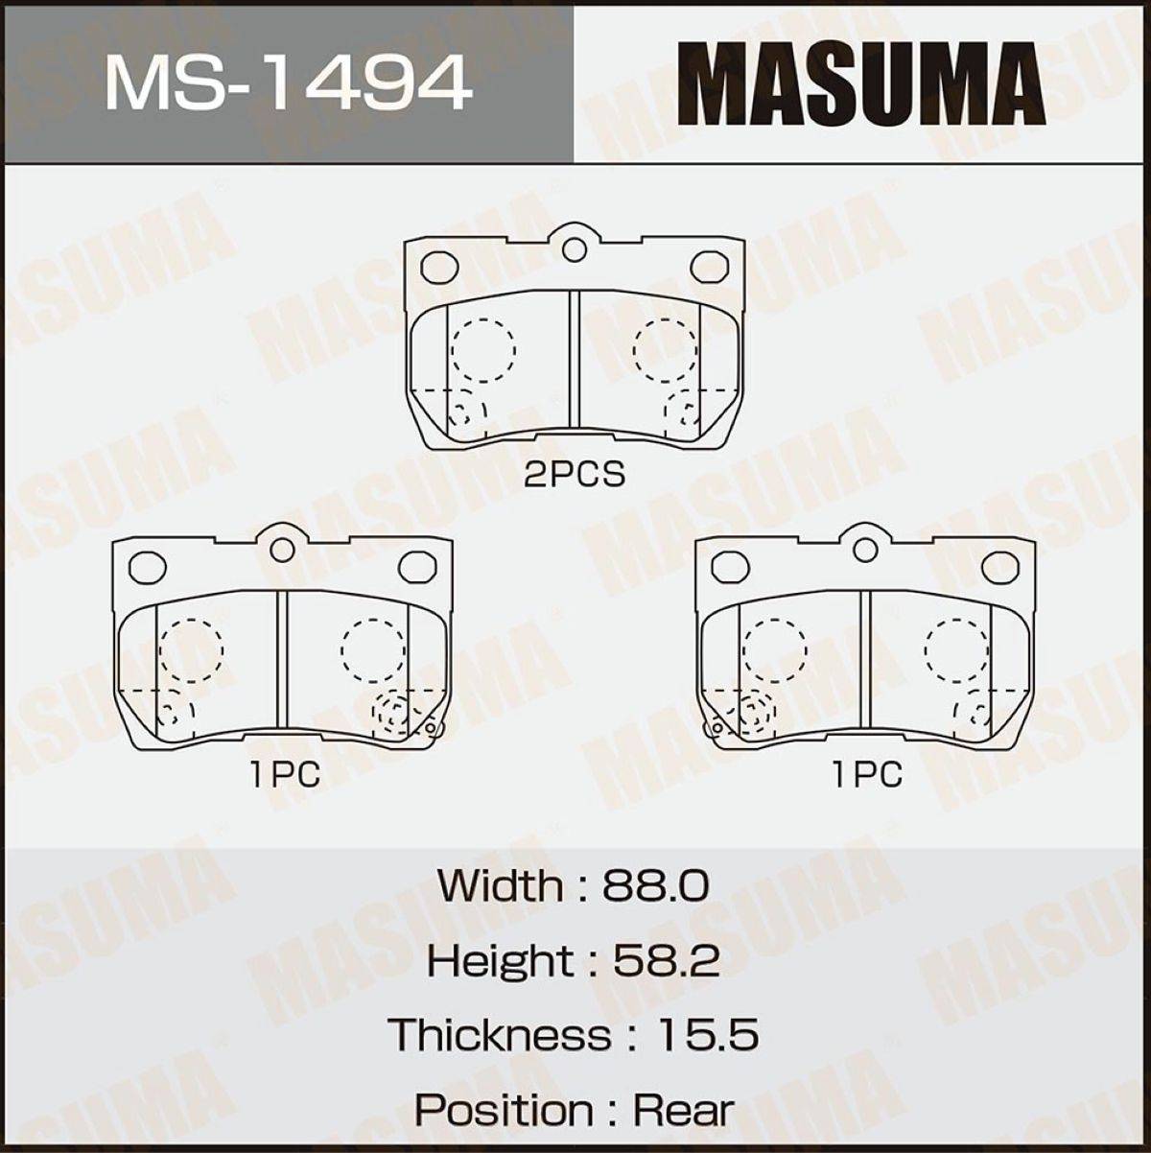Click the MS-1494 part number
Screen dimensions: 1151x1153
pos(286,81)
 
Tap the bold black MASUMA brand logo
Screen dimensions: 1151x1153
pos(862,84)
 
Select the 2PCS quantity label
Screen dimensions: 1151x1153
pos(575,474)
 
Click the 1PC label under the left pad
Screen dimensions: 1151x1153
pos(285,774)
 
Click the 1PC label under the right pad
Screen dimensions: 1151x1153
pos(867,774)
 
